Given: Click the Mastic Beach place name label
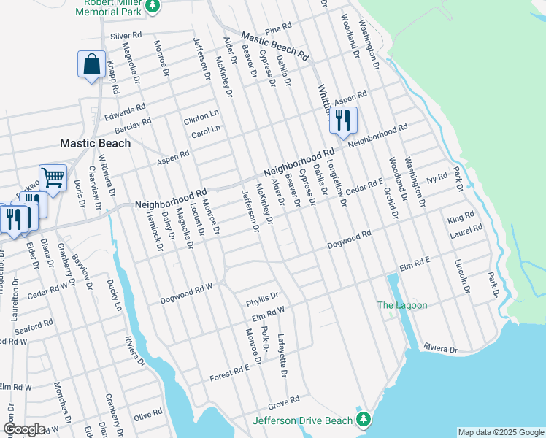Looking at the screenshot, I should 95,143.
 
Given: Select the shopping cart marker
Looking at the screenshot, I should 53,177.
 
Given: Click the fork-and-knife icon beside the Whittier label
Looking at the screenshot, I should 342,119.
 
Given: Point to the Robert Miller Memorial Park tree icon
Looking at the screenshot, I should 152,7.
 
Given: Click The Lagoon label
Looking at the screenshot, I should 401,305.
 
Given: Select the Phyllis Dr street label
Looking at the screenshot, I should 263,296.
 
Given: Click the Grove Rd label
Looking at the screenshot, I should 284,400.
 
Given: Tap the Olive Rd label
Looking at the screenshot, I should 147,414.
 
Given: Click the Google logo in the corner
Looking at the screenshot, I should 24,429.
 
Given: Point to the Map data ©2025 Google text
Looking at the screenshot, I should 500,432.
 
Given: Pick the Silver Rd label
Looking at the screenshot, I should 126,35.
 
